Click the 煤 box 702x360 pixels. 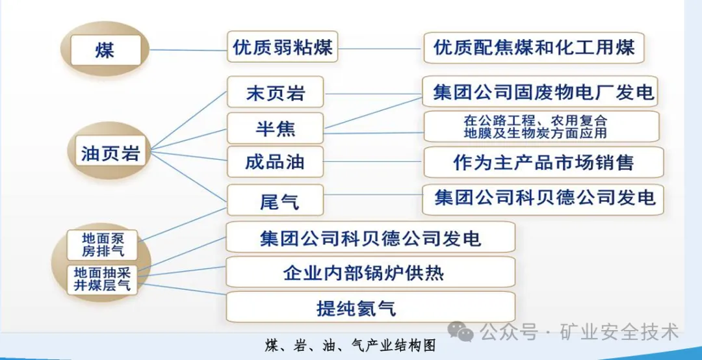pos(105,49)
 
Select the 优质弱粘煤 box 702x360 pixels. pos(283,47)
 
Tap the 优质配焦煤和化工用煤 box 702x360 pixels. pos(534,47)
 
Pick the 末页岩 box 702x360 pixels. pos(275,93)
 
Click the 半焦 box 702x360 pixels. pos(275,128)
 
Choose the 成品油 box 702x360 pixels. pos(275,162)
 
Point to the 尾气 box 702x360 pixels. pos(275,199)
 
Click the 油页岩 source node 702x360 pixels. pos(110,154)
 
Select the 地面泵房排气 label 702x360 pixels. pos(103,244)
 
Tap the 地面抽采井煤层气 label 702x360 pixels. pos(103,279)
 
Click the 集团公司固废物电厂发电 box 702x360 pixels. pos(543,92)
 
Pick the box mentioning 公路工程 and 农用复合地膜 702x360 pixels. pos(543,126)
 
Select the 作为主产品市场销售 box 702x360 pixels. pos(543,162)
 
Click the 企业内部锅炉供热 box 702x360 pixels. pos(370,272)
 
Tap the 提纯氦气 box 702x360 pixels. pos(370,307)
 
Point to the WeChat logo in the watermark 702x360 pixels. pos(465,333)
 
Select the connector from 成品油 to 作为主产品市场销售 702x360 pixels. pos(373,162)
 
